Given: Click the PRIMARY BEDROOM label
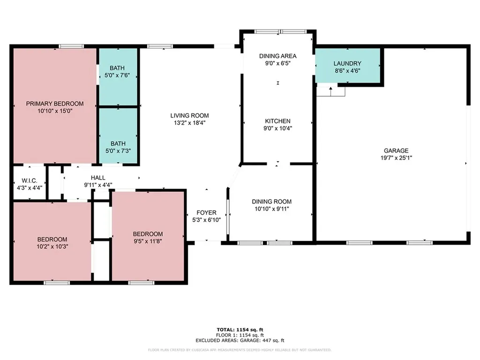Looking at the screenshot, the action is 55,104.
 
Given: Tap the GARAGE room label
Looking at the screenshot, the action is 396,150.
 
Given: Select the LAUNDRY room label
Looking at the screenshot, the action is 347,63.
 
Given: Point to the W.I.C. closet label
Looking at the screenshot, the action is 30,180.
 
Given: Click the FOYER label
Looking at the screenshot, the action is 206,212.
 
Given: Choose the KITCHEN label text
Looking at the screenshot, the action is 277,121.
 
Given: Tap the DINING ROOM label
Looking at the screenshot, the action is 271,202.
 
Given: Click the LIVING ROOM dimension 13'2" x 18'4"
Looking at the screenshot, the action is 189,123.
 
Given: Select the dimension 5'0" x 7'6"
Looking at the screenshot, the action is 117,75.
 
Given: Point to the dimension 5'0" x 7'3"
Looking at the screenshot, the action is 118,151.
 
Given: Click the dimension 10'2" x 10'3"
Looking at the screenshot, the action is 52,247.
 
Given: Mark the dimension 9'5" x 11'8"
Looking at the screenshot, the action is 148,241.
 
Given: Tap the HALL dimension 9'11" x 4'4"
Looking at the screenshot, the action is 98,185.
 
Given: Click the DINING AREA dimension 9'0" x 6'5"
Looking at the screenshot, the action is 277,63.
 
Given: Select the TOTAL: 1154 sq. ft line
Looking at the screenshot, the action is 240,330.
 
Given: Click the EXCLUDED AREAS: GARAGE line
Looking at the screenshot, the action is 240,340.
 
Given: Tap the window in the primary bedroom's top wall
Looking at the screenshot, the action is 71,46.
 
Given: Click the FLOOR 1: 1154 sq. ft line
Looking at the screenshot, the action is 240,335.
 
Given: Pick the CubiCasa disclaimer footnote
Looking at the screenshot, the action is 240,350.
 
